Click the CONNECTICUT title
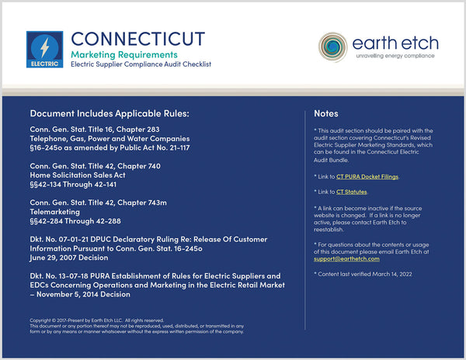(137, 38)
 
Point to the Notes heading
(326, 113)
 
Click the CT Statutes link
(351, 191)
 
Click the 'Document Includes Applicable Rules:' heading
(110, 114)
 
